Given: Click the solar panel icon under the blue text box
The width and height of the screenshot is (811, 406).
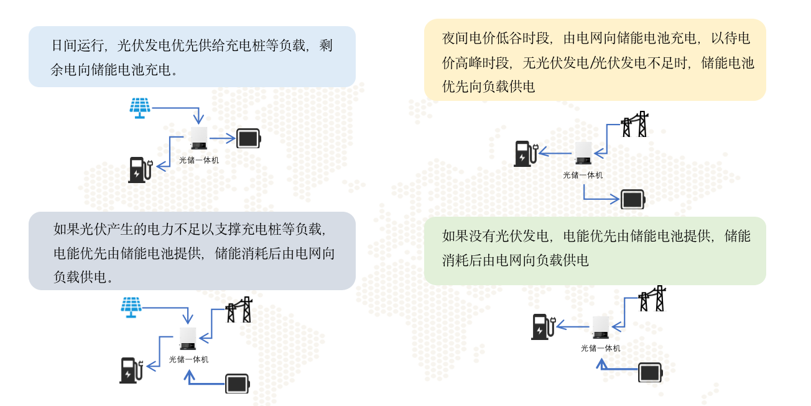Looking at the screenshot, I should click(x=140, y=108).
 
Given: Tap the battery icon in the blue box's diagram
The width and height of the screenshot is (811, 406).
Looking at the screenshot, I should click(x=249, y=138).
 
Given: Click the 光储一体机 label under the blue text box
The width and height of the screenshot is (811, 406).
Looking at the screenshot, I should click(x=199, y=160).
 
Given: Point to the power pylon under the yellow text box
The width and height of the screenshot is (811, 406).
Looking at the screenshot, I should click(x=636, y=125).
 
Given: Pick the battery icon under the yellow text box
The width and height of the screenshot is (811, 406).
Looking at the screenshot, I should click(x=633, y=199).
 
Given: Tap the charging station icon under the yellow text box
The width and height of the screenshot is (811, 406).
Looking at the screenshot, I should click(x=525, y=154).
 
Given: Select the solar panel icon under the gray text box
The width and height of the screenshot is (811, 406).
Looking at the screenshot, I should click(x=131, y=307).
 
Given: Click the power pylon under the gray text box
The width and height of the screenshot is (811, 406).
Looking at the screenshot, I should click(x=239, y=309).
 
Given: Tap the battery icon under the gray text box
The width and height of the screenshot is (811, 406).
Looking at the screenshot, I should click(x=237, y=384).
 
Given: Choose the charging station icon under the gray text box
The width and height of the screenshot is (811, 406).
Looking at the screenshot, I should click(x=131, y=370).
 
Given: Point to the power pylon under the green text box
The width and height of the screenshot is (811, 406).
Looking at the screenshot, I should click(x=653, y=299).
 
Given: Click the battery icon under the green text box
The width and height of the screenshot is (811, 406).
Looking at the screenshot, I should click(x=651, y=372).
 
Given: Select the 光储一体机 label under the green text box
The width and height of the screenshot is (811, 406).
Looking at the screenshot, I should click(x=600, y=348).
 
